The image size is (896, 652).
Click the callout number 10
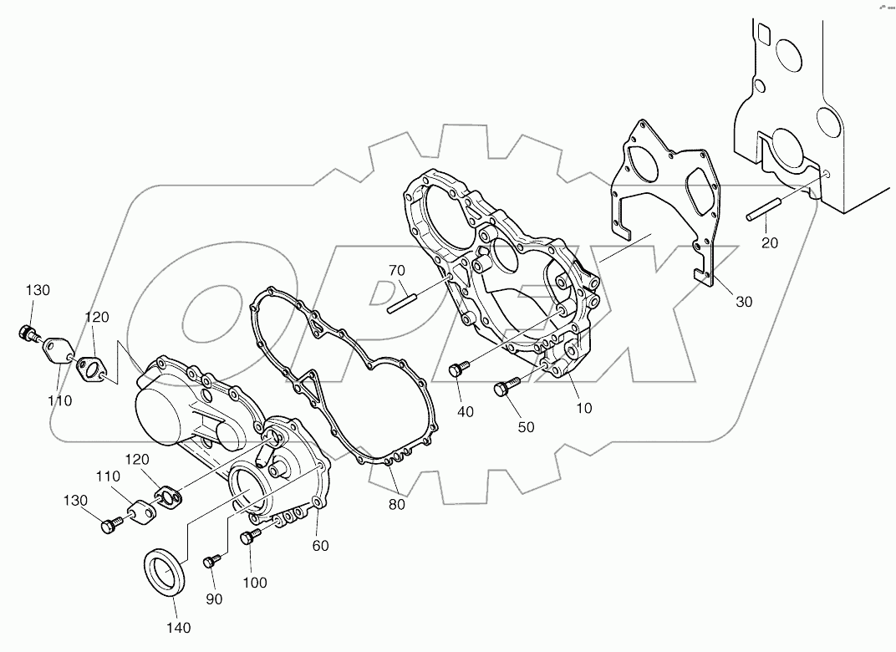click(583, 408)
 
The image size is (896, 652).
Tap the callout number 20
click(769, 242)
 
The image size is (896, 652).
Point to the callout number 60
click(320, 546)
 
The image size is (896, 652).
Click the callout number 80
click(397, 503)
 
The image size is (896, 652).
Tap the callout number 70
click(396, 270)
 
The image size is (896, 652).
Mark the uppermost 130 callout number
click(37, 290)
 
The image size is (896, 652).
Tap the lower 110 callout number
click(109, 476)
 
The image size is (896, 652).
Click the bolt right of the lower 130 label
click(109, 525)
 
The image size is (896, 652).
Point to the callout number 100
click(255, 582)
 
